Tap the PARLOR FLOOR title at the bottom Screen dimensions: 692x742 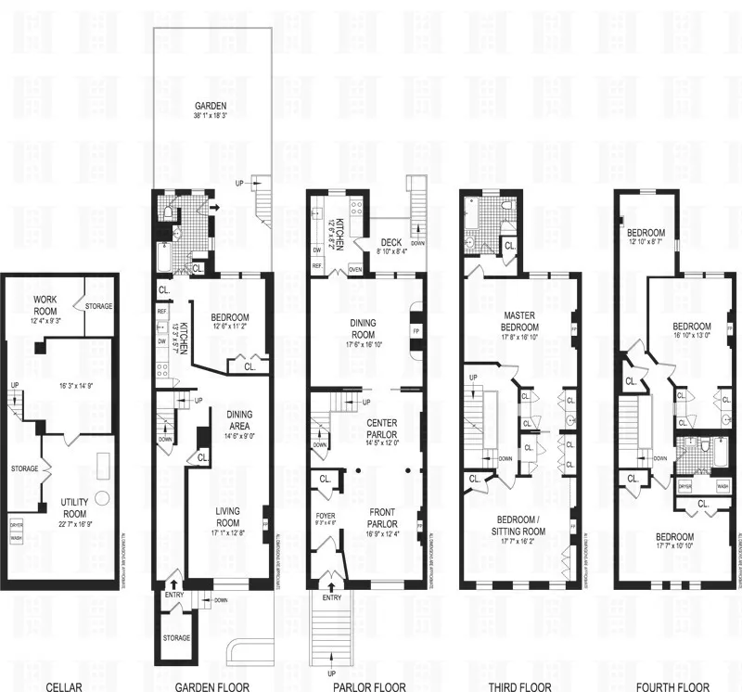(x=365, y=687)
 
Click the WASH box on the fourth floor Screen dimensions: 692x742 (x=722, y=486)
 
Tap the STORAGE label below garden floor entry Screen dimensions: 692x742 (x=176, y=638)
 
